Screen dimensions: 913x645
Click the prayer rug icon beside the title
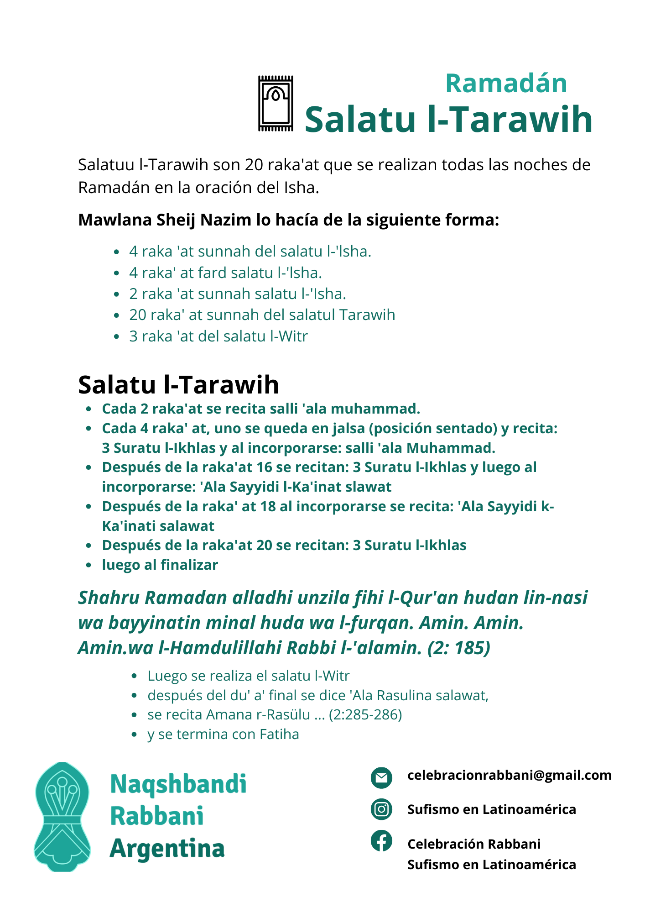coord(276,104)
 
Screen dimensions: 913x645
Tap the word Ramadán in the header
coord(506,84)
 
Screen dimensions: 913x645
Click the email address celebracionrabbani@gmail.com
coord(509,775)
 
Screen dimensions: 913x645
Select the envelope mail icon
coord(381,777)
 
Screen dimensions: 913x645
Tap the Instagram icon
coord(381,809)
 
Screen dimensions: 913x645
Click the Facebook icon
coord(381,840)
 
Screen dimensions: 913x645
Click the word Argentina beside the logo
coord(167,849)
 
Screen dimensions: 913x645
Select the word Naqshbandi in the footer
coord(178,784)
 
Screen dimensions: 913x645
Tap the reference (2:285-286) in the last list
coord(365,714)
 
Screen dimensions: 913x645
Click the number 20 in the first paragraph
coord(254,165)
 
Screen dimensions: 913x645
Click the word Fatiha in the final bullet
coord(279,734)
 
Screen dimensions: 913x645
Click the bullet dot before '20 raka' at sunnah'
coord(117,315)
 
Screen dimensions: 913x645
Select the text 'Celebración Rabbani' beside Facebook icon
coord(474,844)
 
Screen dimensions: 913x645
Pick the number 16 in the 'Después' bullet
coord(265,467)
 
